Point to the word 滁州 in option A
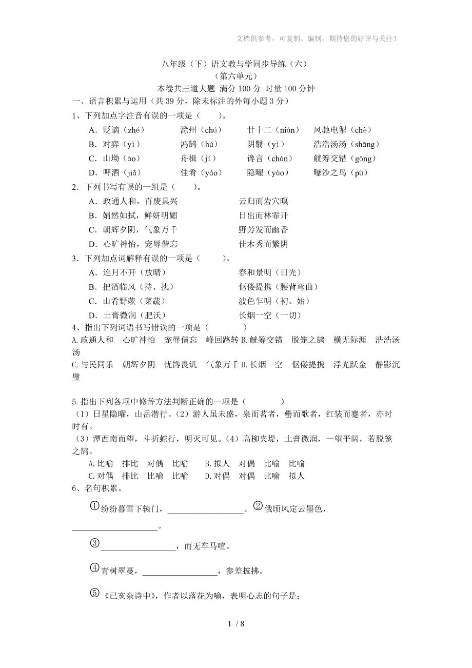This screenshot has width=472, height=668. tap(189, 130)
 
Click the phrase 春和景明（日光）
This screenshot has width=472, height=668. tap(270, 272)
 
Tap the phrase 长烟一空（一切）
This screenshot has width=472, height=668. tap(270, 316)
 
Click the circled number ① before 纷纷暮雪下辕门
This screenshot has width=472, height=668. tap(94, 506)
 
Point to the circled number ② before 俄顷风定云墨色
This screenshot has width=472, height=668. tap(258, 506)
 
